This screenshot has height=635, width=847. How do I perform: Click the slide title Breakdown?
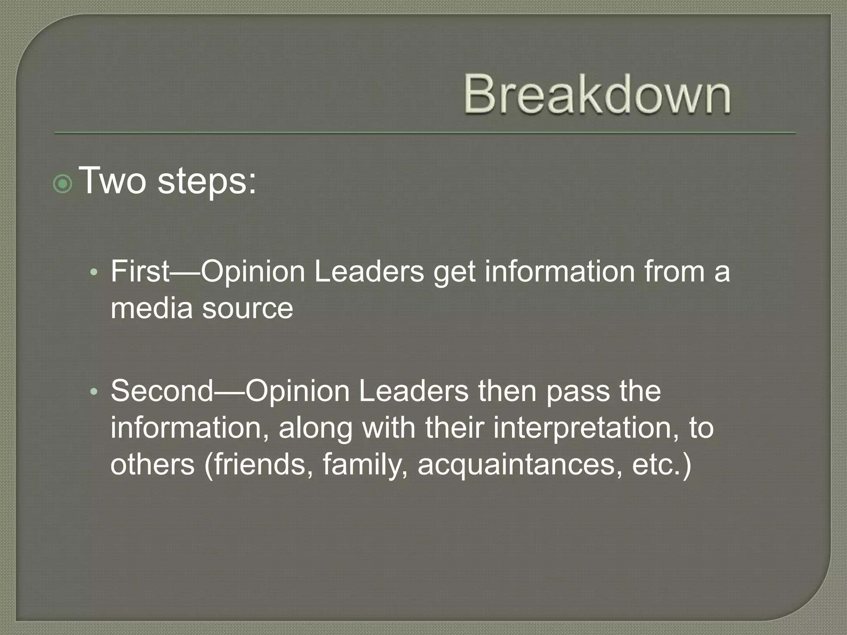coord(597,94)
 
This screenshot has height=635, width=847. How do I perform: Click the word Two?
coord(112,181)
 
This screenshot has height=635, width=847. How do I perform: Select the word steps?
coord(207,182)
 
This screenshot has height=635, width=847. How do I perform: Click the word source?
coord(248,309)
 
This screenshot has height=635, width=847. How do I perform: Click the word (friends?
coord(258,465)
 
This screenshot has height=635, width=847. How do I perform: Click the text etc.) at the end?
coord(662,465)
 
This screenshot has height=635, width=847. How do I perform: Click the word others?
coord(152,465)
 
